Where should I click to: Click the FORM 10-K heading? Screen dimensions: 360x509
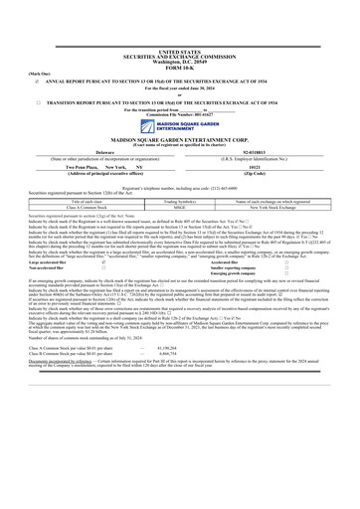[180, 66]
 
